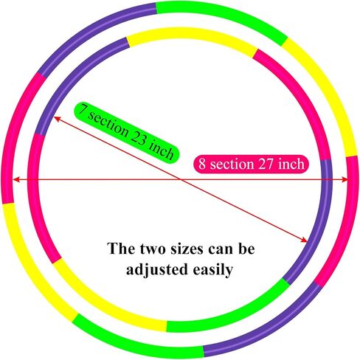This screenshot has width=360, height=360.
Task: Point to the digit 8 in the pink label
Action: pyautogui.click(x=202, y=164)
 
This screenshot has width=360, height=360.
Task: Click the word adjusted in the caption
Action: pyautogui.click(x=157, y=269)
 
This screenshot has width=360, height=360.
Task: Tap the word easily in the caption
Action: pyautogui.click(x=212, y=270)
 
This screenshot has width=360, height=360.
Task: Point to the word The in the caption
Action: pyautogui.click(x=121, y=249)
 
